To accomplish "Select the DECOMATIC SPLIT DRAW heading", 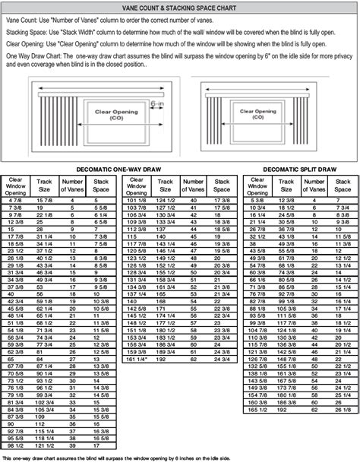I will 299,168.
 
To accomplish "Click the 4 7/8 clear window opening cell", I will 15,199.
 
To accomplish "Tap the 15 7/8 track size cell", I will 43,199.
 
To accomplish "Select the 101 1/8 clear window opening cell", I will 137,200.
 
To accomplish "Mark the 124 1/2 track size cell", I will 166,200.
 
